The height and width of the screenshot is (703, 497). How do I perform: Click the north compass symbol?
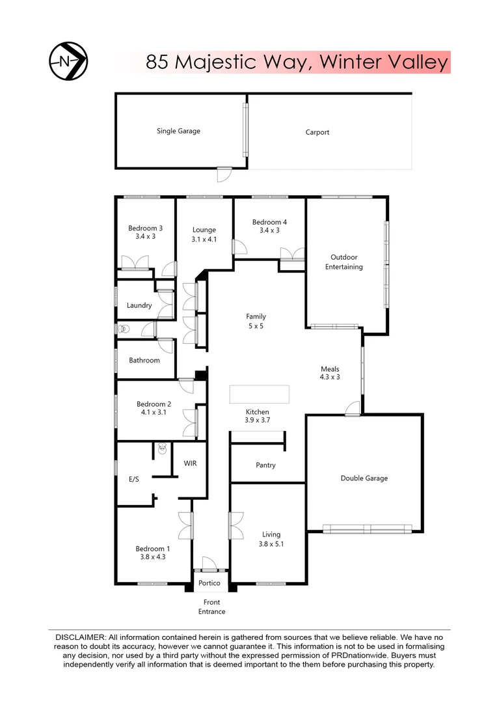click(68, 61)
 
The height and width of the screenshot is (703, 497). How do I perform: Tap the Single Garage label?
click(178, 131)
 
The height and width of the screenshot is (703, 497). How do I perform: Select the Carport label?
click(317, 132)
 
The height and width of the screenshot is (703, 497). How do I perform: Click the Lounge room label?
click(204, 230)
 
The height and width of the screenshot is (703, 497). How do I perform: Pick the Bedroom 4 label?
click(269, 222)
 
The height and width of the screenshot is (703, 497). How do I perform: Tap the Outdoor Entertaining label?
click(344, 262)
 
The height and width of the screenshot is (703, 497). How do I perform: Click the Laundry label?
click(139, 305)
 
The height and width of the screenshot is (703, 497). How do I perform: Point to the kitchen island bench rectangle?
click(260, 394)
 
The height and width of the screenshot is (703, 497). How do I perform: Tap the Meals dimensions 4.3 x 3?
click(329, 377)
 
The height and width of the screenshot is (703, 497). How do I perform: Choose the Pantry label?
click(265, 465)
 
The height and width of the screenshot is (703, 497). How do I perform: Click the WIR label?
click(190, 463)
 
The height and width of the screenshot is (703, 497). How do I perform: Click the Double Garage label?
click(364, 478)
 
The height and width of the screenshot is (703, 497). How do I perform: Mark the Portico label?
click(209, 583)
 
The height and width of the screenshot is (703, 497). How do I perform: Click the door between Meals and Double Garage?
click(353, 409)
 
